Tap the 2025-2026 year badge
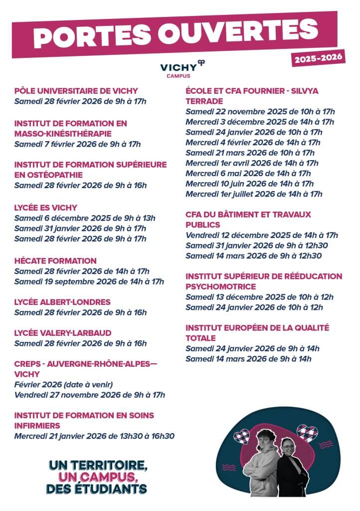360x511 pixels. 319,59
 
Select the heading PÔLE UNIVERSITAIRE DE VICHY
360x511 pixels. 76,91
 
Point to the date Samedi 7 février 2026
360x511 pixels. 78,144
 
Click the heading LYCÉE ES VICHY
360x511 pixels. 46,207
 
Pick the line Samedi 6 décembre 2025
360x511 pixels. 85,218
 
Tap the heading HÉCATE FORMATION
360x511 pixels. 55,260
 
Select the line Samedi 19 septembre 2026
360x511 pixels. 89,281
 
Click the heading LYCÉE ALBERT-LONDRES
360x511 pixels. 62,302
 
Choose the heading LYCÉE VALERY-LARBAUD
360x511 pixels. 63,333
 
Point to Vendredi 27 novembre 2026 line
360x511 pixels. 90,395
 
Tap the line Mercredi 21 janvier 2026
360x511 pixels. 94,436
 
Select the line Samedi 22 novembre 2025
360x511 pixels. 260,111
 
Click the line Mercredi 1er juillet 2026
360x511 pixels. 254,194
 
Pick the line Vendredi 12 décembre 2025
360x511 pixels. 262,235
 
